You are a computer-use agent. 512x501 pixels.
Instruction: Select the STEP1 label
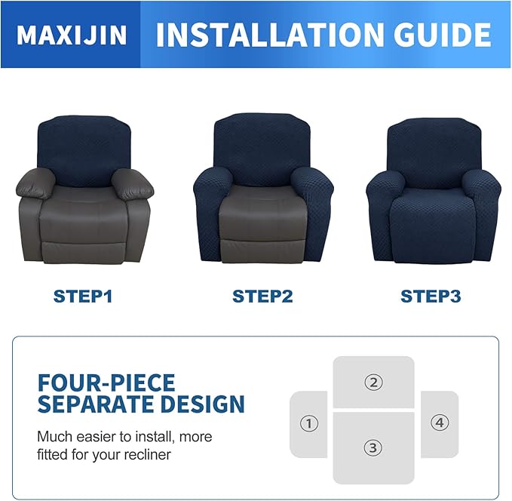tap(82, 296)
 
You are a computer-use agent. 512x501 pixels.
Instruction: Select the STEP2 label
tap(262, 296)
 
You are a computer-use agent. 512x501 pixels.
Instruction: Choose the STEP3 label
tap(430, 296)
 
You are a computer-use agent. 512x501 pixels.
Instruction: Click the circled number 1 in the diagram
tap(308, 423)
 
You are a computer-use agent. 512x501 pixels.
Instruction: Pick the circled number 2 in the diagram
tap(373, 382)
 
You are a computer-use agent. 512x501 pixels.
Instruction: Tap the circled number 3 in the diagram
tap(373, 447)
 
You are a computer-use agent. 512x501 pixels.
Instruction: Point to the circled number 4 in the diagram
tap(440, 423)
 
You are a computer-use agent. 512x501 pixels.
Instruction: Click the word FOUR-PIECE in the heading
tap(106, 383)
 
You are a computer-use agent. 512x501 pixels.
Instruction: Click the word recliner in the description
tap(148, 455)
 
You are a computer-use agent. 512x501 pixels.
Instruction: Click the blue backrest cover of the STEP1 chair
tap(84, 148)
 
